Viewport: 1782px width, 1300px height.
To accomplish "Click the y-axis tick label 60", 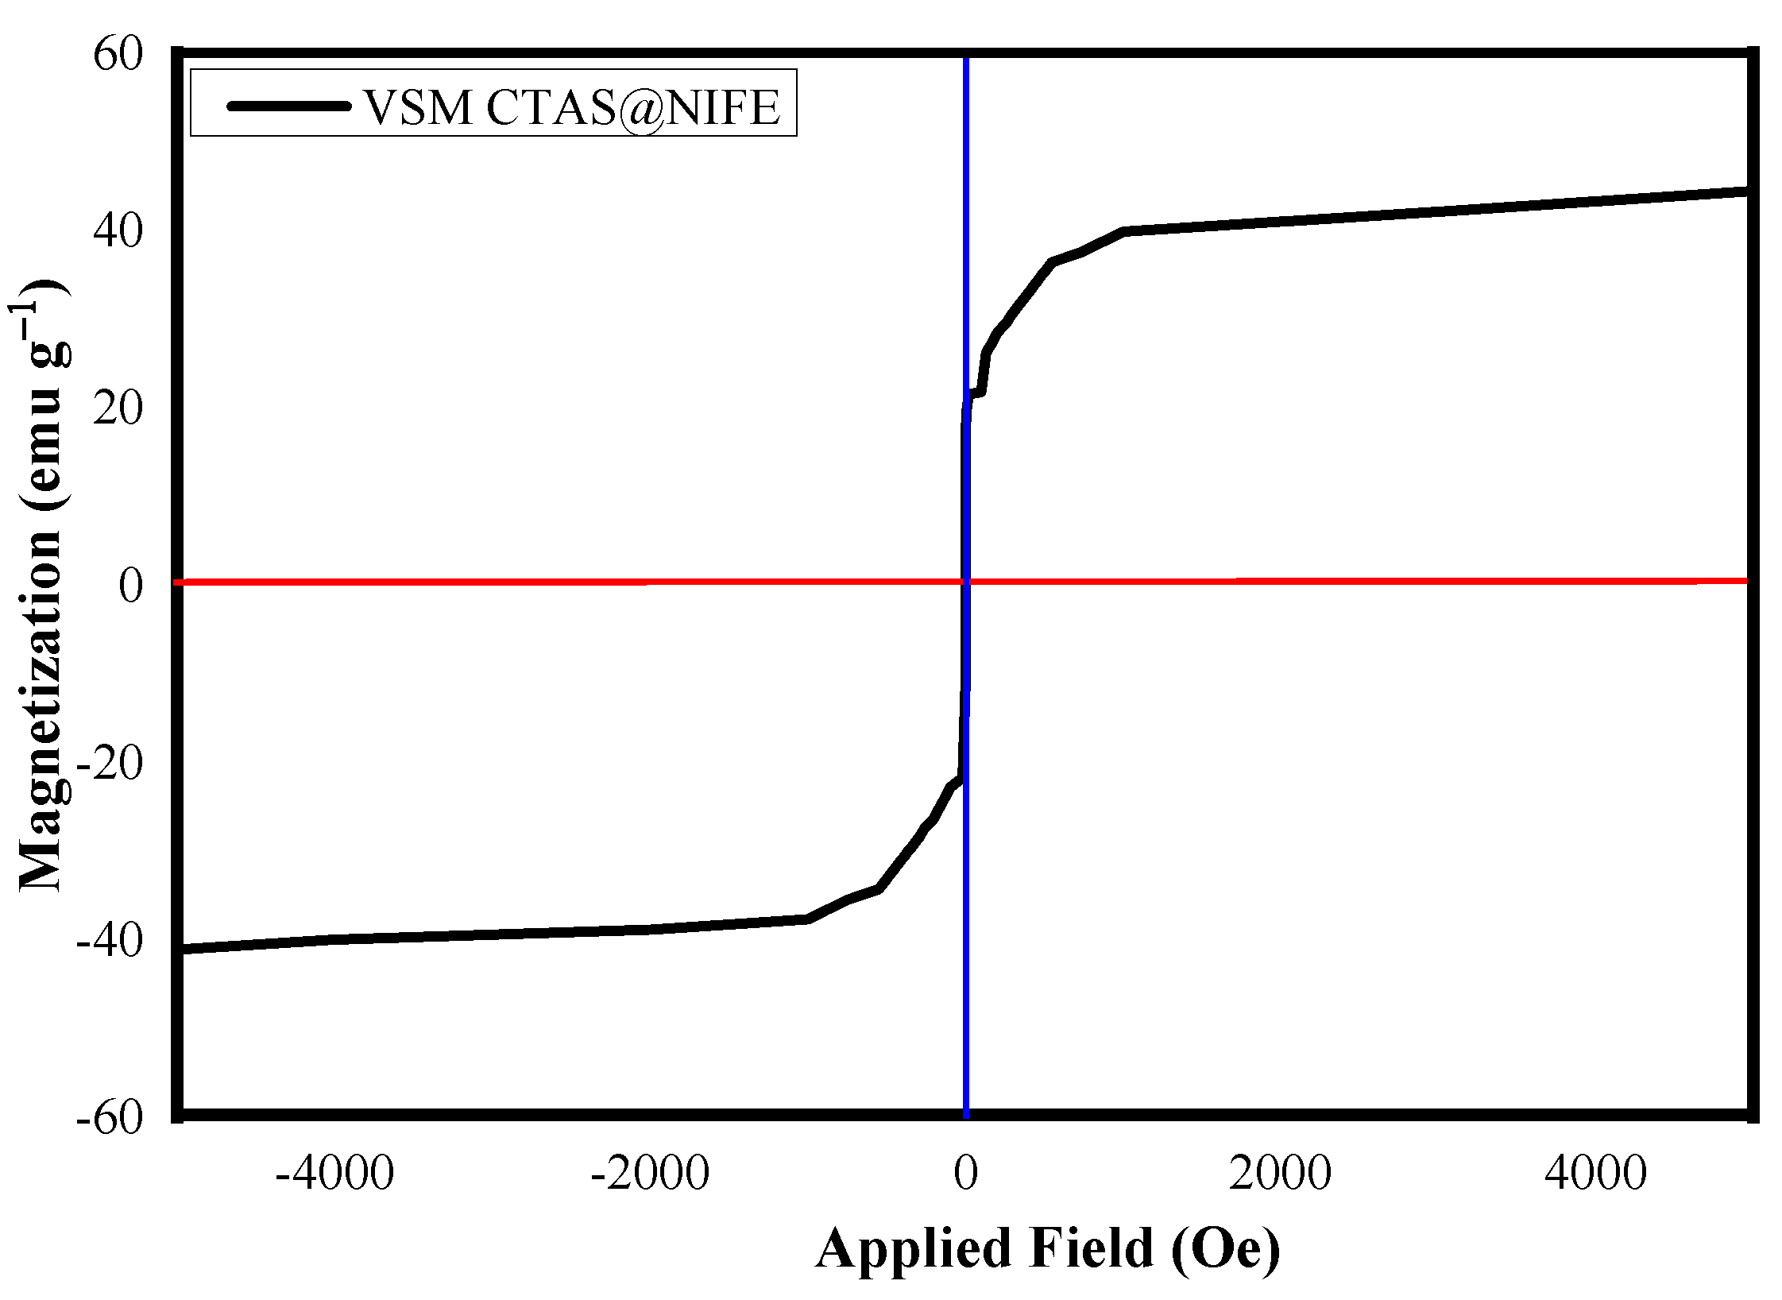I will (x=118, y=55).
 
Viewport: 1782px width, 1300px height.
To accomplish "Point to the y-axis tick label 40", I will (x=118, y=231).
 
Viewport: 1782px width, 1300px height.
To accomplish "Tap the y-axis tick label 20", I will (x=118, y=408).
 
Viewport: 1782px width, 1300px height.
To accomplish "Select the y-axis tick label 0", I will (x=131, y=586).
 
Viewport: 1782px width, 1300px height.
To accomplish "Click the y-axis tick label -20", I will (x=109, y=763).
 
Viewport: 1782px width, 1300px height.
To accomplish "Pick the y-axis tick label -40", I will (x=109, y=940).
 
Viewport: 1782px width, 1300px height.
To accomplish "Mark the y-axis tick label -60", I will (x=109, y=1117).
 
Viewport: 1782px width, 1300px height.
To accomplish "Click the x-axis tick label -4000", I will (x=334, y=1173).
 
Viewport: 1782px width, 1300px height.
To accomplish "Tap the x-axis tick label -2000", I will (x=650, y=1173).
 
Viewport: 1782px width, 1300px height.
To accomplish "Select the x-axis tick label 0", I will (x=966, y=1173).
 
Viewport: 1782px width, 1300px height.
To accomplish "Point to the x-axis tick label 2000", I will (x=1280, y=1173).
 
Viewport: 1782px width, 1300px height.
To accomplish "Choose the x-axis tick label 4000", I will (x=1595, y=1173).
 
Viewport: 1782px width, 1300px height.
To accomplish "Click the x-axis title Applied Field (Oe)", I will (x=1047, y=1249).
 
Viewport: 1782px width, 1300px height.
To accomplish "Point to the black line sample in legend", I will (x=288, y=106).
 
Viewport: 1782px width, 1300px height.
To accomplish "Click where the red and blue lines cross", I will (x=965, y=582).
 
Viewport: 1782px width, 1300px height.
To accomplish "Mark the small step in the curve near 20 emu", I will (x=976, y=393).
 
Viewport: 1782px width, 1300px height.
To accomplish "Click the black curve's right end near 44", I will (x=1745, y=192).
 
